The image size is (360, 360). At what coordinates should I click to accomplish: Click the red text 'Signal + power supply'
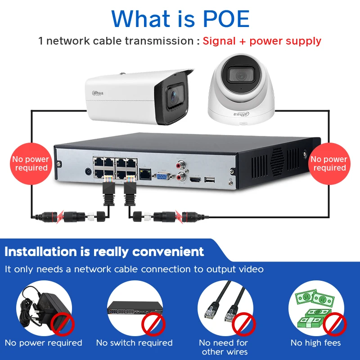pos(262,41)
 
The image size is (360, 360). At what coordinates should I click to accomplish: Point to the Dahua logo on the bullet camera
pos(98,93)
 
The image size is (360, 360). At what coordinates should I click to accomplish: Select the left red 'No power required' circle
pos(31,163)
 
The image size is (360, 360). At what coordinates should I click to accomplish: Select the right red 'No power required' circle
pos(329,163)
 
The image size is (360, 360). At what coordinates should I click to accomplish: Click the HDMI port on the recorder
pos(195,180)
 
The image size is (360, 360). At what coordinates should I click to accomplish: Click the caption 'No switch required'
pos(134,343)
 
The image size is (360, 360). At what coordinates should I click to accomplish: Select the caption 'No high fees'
pos(315,343)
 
